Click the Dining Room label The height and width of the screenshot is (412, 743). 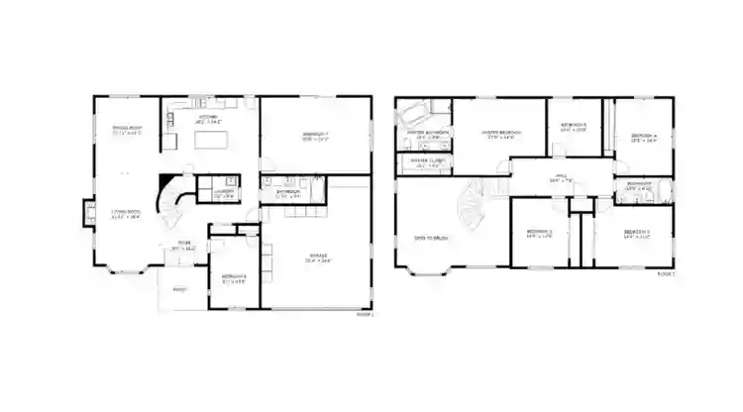pos(127,129)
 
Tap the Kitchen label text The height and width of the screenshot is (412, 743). pos(209,118)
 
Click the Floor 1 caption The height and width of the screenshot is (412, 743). pos(366,314)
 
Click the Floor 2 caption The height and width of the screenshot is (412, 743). pos(665,273)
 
